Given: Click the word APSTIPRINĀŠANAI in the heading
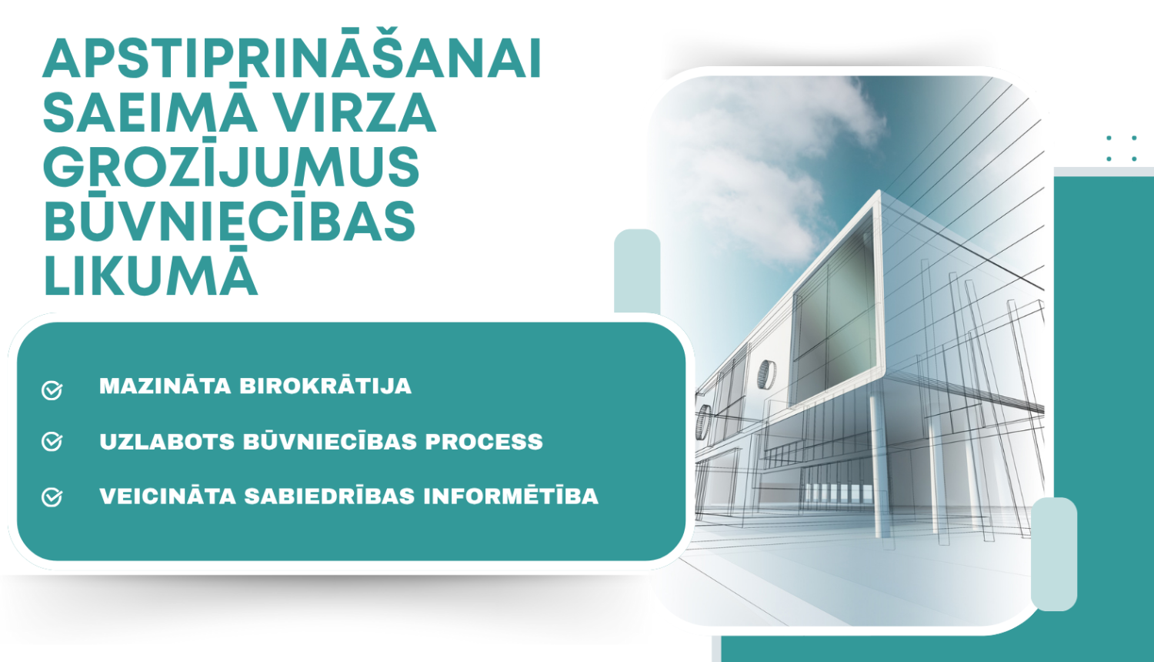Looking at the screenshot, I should [x=292, y=59].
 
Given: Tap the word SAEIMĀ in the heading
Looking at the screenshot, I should [x=150, y=113].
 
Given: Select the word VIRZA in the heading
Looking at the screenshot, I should [x=355, y=113].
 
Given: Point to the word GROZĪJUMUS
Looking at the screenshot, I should [x=231, y=167].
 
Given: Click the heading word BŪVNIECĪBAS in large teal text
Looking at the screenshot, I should [x=229, y=222].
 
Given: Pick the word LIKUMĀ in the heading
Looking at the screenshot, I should [x=150, y=276].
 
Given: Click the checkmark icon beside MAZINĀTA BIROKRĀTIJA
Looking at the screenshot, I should [x=52, y=390].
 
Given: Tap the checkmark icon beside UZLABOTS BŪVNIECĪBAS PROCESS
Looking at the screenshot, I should [x=52, y=442].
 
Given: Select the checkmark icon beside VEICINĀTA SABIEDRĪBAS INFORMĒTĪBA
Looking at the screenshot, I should [x=52, y=497].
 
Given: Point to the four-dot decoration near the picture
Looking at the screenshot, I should [x=1122, y=148].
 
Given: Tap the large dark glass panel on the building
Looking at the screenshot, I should [x=835, y=308].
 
